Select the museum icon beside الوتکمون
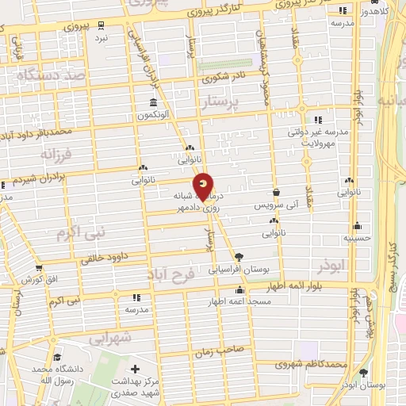point(151,102)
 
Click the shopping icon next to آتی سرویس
point(275,192)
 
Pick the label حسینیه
point(358,237)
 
